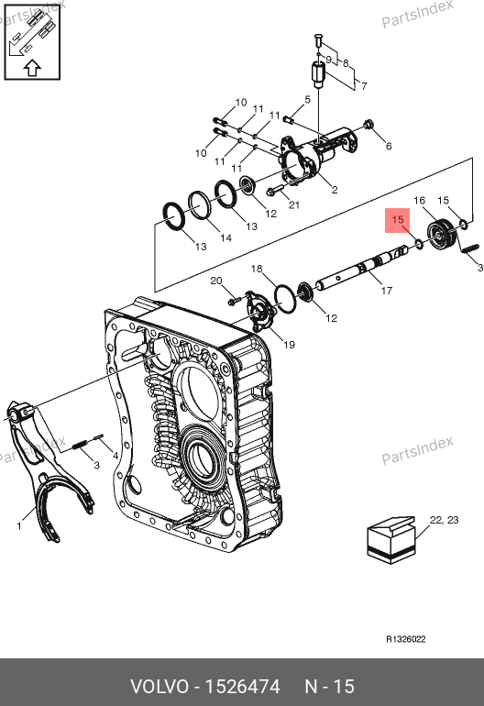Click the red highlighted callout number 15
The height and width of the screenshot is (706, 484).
tap(398, 220)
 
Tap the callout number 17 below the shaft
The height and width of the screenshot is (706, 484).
tap(386, 291)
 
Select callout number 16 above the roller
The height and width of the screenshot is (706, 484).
tap(419, 201)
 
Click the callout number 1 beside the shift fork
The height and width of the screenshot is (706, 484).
tap(19, 525)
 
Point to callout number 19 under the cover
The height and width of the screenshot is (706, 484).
tap(289, 345)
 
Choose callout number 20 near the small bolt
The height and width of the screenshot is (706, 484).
tap(216, 281)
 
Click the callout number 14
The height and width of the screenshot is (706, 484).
tap(225, 237)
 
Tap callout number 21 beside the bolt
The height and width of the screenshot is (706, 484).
tap(294, 205)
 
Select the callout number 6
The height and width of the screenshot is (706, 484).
tap(388, 146)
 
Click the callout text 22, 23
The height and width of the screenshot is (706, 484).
tap(444, 520)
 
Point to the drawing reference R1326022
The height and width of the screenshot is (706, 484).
tap(406, 639)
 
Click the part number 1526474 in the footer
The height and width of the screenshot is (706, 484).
tap(242, 687)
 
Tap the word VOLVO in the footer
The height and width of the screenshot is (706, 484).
tap(159, 687)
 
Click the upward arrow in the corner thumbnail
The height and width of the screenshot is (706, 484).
tap(32, 68)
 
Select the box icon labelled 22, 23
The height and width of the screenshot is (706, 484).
tap(391, 540)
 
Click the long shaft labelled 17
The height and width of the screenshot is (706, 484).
tap(361, 269)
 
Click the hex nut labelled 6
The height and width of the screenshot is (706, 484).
tap(368, 124)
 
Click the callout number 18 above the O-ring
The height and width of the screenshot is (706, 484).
tap(257, 269)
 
